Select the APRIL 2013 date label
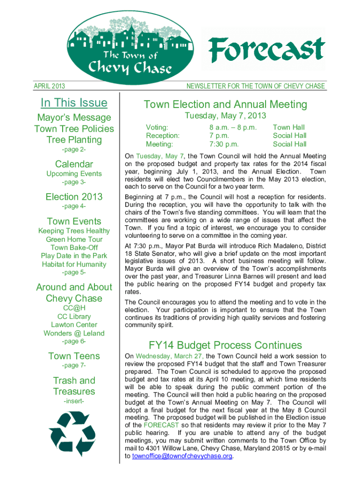tap(50, 86)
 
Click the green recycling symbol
tap(74, 433)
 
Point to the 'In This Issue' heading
tap(74, 102)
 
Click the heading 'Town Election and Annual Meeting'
tap(225, 104)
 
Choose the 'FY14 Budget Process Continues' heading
tap(225, 345)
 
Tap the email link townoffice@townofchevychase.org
tap(182, 456)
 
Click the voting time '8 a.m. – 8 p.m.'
tap(233, 127)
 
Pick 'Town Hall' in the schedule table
tap(289, 127)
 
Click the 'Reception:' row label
tap(163, 136)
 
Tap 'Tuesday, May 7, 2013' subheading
tap(225, 116)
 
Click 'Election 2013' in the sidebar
tap(74, 197)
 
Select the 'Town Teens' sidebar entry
tap(74, 356)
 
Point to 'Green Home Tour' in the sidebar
tap(74, 239)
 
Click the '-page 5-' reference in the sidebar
tap(74, 272)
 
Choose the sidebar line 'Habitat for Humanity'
tap(74, 264)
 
